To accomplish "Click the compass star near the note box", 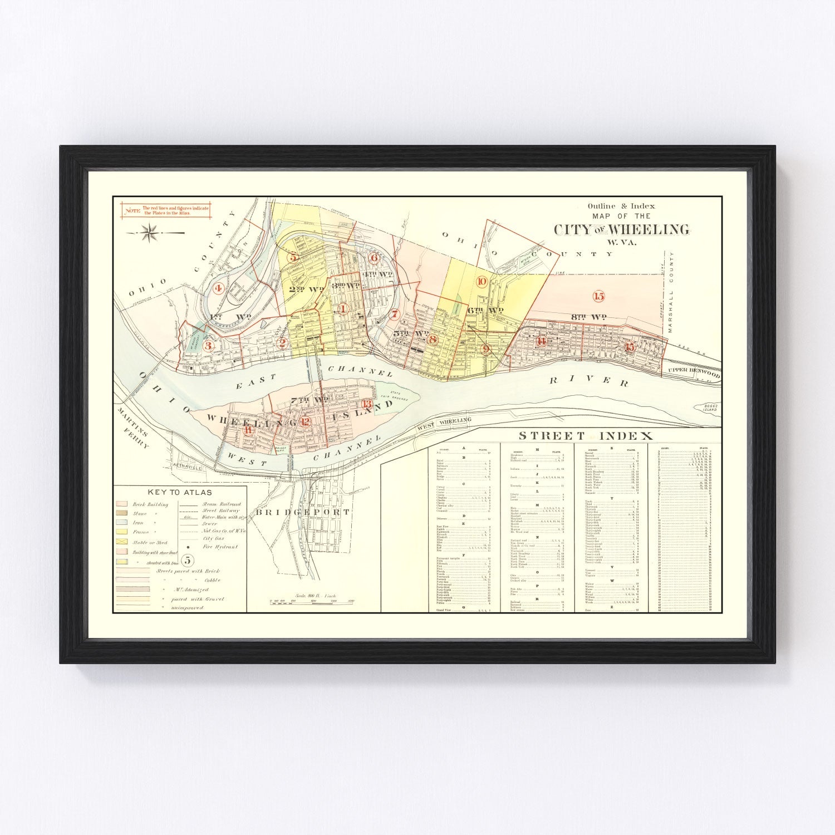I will [x=149, y=232].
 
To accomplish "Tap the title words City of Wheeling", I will [x=621, y=229].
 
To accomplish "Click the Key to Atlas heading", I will [x=180, y=492].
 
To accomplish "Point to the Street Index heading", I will [x=586, y=435].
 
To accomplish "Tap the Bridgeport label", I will [x=302, y=512].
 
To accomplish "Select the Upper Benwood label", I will [x=694, y=372].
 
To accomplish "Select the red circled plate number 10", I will [x=482, y=281].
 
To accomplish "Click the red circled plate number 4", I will [x=218, y=288].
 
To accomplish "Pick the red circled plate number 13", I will [x=367, y=404].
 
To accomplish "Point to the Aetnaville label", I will [x=186, y=467].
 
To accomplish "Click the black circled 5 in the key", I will [x=188, y=560].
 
